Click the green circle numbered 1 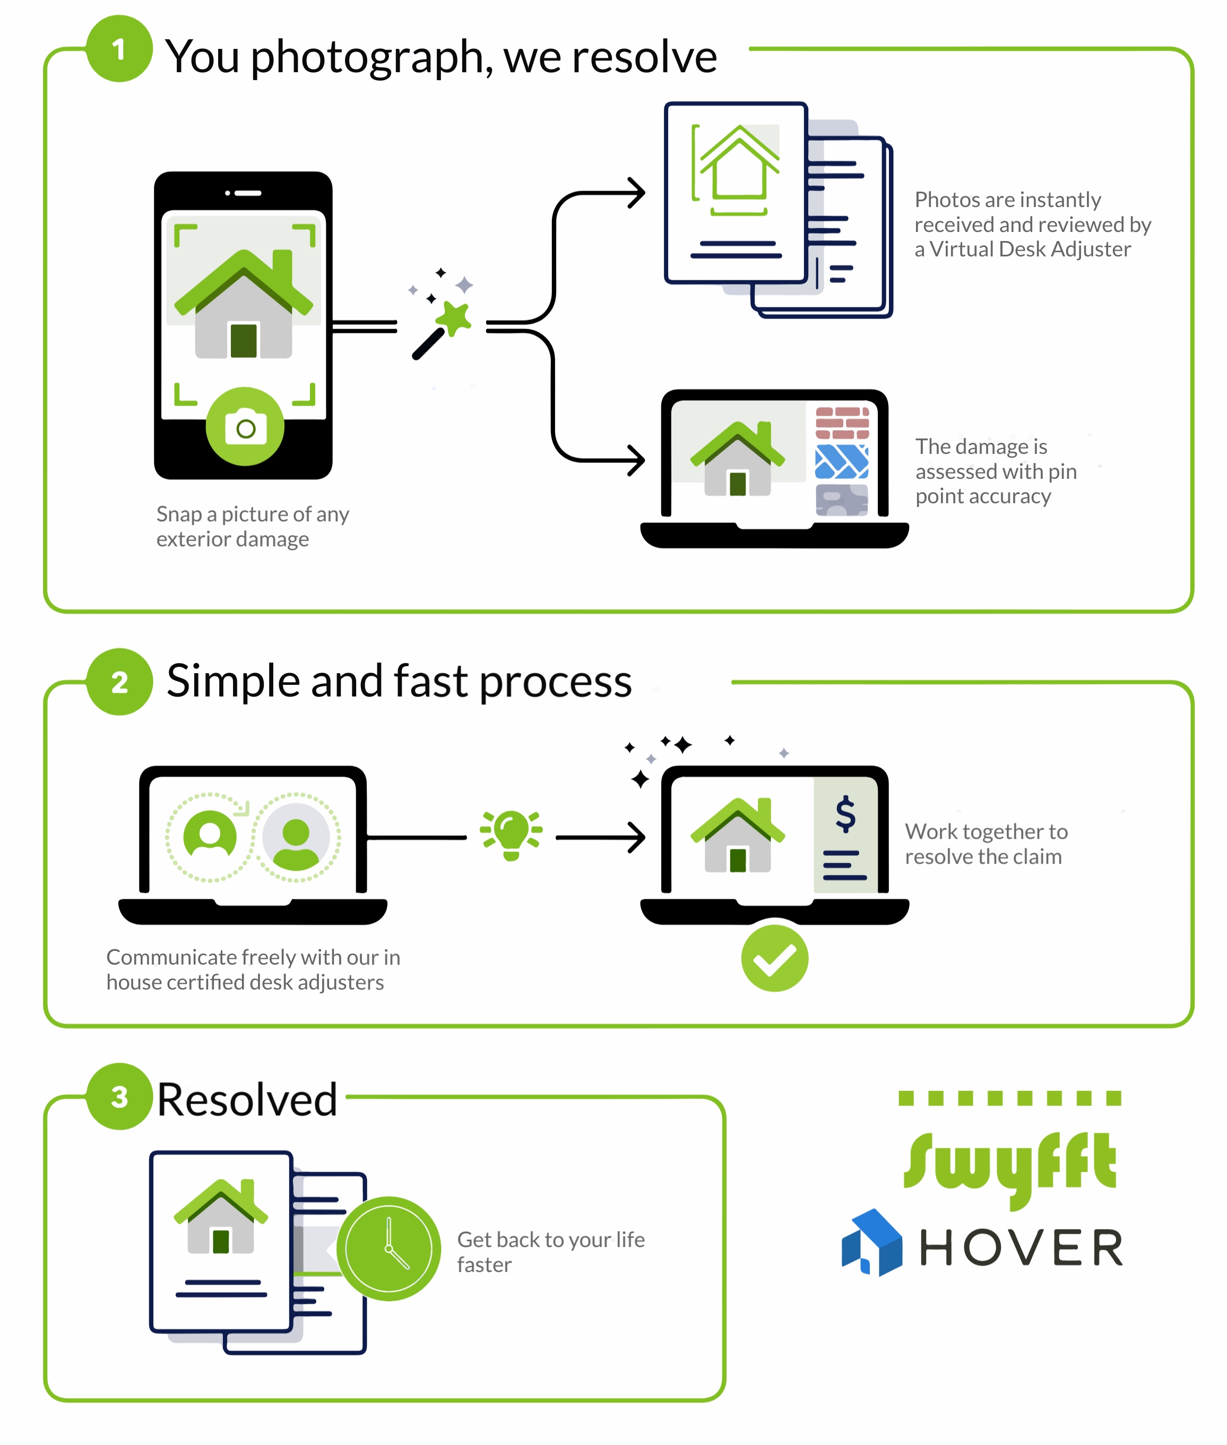click(119, 49)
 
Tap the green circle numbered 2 click(119, 682)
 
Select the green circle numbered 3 click(119, 1096)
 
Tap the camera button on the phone click(245, 426)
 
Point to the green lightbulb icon click(511, 835)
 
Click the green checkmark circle click(775, 958)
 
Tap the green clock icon click(389, 1249)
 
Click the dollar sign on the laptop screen click(845, 814)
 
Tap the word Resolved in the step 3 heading click(247, 1100)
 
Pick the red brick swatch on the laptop click(842, 423)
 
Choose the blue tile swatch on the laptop click(842, 462)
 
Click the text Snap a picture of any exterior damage click(253, 527)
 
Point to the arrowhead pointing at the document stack click(636, 193)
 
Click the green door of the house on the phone click(244, 341)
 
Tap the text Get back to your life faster click(551, 1252)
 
